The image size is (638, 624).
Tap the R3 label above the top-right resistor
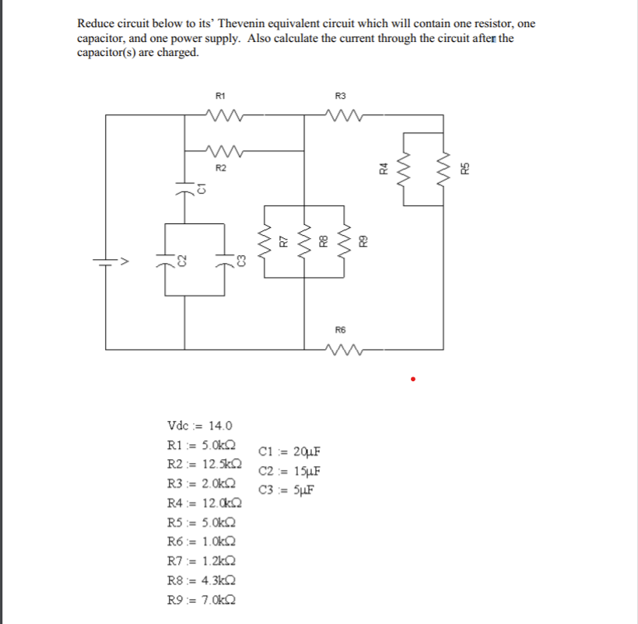click(x=339, y=96)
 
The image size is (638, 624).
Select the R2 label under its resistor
click(x=220, y=167)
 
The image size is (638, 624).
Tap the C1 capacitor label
click(x=201, y=188)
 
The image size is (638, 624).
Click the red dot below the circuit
click(x=414, y=380)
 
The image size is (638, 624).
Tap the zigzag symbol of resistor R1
click(x=220, y=114)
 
